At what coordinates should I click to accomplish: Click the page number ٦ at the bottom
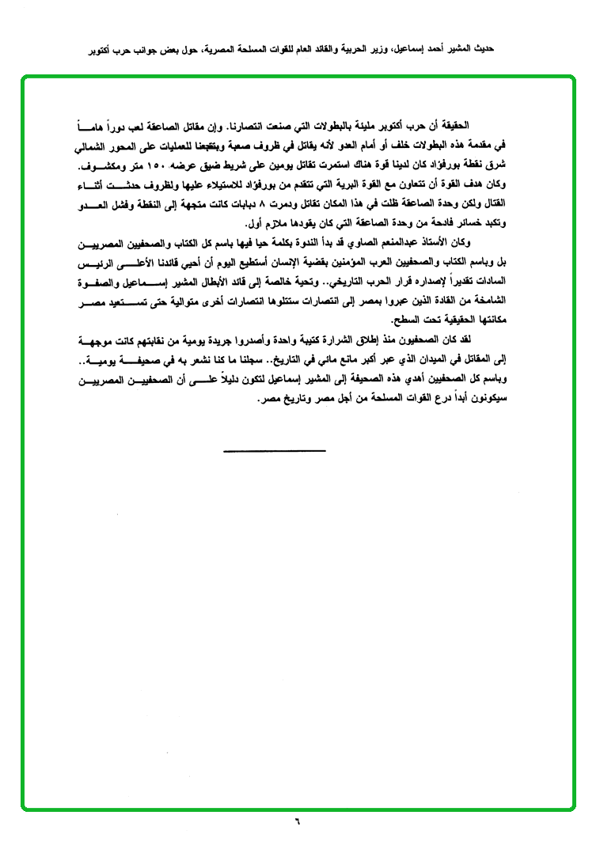[x=298, y=820]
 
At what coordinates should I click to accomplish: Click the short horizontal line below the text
[x=274, y=451]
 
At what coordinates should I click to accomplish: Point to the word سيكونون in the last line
[x=484, y=400]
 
